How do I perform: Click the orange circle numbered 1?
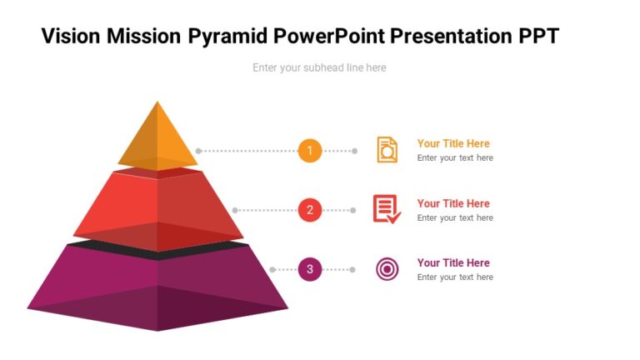[309, 151]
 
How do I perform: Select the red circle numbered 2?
[309, 210]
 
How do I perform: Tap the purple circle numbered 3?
[309, 269]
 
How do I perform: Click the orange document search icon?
[387, 150]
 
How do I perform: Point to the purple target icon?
[387, 269]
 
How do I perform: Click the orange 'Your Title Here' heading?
[453, 143]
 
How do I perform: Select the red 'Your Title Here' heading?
[453, 203]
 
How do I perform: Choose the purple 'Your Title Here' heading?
[453, 262]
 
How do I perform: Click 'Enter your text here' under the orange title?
[455, 157]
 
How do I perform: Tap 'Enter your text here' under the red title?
[455, 217]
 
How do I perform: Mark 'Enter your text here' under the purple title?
[455, 277]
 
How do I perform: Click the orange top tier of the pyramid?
[157, 142]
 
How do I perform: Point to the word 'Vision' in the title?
[71, 36]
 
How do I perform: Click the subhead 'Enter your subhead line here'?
[319, 67]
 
